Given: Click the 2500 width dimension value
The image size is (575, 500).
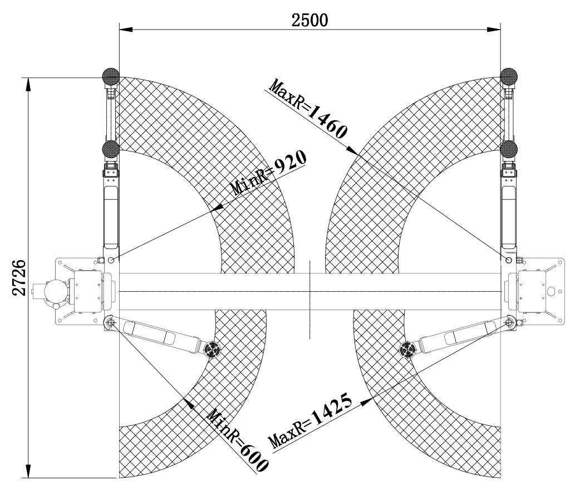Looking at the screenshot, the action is pos(309,20).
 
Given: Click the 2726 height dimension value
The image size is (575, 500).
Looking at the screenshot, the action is pos(19,278).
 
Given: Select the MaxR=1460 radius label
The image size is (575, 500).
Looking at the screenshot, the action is pos(307,109).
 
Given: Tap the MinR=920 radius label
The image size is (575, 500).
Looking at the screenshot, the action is pos(268,173).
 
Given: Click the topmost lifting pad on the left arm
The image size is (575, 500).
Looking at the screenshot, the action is pos(111,77).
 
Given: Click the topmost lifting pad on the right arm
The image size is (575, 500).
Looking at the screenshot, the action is pos(509,77).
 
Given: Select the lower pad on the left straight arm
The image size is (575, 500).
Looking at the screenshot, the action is pos(111,149).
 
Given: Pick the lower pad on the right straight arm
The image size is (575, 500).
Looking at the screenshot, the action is pos(509,149).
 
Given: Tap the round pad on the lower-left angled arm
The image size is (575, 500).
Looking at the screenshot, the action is pos(212,349).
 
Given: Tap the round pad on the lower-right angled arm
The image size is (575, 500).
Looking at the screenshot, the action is pos(408,349).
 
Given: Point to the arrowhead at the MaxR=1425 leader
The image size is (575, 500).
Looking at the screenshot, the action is pos(366,401).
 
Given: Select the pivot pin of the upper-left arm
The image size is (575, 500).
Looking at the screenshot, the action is pos(111,260).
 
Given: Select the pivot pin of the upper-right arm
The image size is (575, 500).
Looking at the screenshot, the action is pos(509,260).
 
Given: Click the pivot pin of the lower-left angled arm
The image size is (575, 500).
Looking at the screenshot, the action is pos(111,323).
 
